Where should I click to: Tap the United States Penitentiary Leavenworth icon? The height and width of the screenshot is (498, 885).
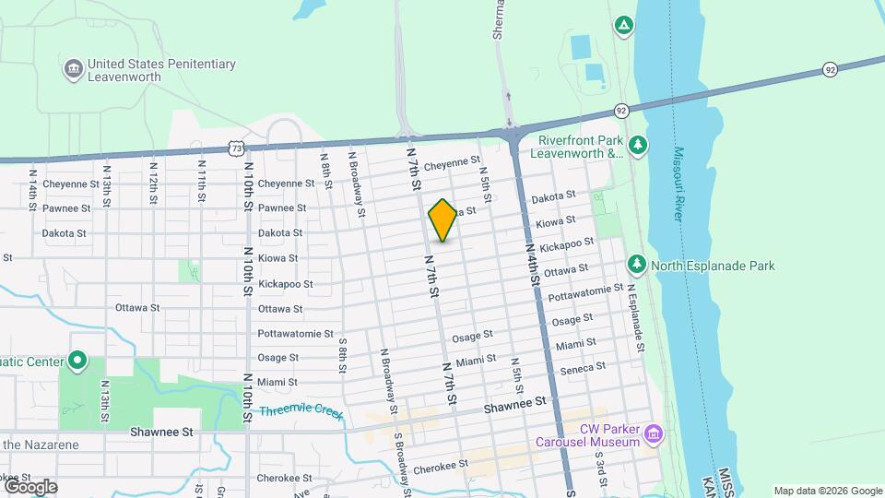tap(73, 69)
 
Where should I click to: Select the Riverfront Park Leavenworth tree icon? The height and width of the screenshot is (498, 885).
tap(637, 145)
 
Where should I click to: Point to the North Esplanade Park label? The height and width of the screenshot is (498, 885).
tap(713, 266)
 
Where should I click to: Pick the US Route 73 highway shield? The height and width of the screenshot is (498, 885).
tap(238, 148)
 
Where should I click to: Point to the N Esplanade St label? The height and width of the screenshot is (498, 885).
tap(635, 318)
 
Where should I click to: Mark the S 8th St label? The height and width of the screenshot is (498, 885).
tap(342, 356)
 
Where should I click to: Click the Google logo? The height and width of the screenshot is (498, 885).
tap(30, 486)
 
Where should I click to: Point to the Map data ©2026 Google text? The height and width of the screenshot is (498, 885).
tap(828, 491)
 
